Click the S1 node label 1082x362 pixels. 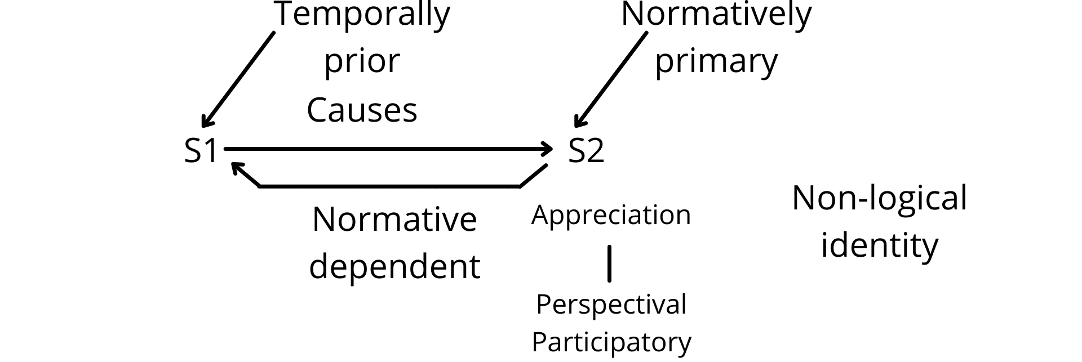[x=201, y=151]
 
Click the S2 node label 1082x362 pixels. [x=586, y=151]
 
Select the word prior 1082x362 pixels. [x=362, y=62]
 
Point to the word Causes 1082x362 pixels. [x=362, y=109]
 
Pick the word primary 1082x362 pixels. [x=716, y=62]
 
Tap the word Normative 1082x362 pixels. [x=394, y=219]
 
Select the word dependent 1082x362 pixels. [x=394, y=266]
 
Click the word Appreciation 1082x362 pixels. [x=611, y=216]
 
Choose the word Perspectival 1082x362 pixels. [x=611, y=305]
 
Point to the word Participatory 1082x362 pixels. [x=611, y=342]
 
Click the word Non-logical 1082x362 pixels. [x=879, y=198]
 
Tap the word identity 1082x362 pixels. [x=879, y=245]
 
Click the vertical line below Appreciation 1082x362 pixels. [x=609, y=263]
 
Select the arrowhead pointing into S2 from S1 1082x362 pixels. [x=547, y=149]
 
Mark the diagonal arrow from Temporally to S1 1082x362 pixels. [x=238, y=79]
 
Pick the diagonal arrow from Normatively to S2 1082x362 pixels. [x=611, y=79]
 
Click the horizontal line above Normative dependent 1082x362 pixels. [x=389, y=186]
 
